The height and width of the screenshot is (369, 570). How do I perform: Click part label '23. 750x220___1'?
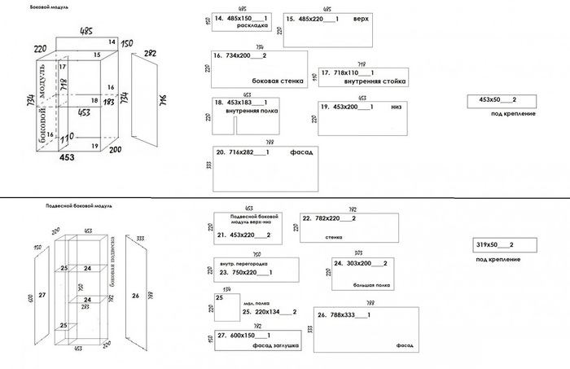245,273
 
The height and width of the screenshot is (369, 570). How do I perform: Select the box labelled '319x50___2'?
493,244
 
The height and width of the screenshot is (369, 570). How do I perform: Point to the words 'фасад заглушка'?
277,346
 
